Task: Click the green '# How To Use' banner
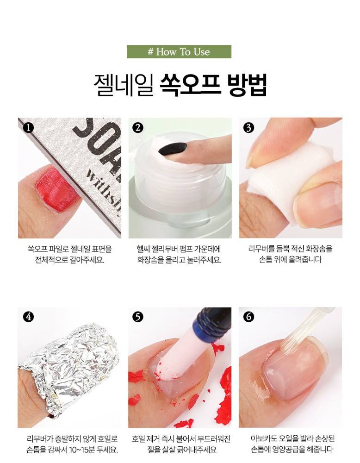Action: pyautogui.click(x=179, y=52)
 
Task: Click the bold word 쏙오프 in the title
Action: pyautogui.click(x=190, y=85)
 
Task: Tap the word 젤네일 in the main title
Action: pyautogui.click(x=124, y=85)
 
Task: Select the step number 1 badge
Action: pyautogui.click(x=28, y=128)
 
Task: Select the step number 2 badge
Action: pyautogui.click(x=138, y=128)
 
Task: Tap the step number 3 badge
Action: pyautogui.click(x=248, y=128)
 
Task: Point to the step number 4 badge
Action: pyautogui.click(x=28, y=317)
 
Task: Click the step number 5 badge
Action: pyautogui.click(x=138, y=317)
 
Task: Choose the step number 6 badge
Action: pyautogui.click(x=248, y=317)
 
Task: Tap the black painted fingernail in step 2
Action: pyautogui.click(x=173, y=149)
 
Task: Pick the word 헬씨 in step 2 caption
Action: pyautogui.click(x=143, y=249)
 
